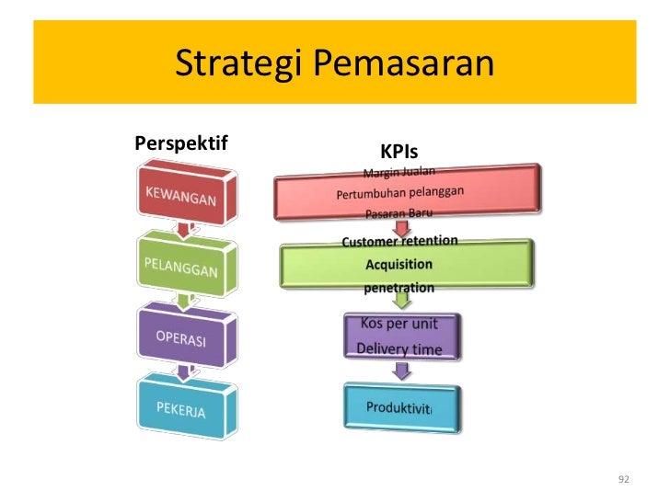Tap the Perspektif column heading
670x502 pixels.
(x=181, y=143)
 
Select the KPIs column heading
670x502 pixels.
(x=399, y=151)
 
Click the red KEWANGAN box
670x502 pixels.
(x=181, y=196)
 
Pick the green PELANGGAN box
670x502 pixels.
(x=181, y=268)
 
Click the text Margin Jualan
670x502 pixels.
(x=399, y=172)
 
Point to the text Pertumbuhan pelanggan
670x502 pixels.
(x=399, y=194)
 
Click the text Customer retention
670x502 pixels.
(x=399, y=242)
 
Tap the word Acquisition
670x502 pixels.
(x=399, y=265)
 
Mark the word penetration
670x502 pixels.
(x=399, y=288)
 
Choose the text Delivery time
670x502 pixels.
(x=399, y=348)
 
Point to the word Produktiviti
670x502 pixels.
(x=399, y=407)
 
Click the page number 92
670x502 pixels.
(x=624, y=479)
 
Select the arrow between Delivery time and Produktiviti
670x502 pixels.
(x=400, y=371)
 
